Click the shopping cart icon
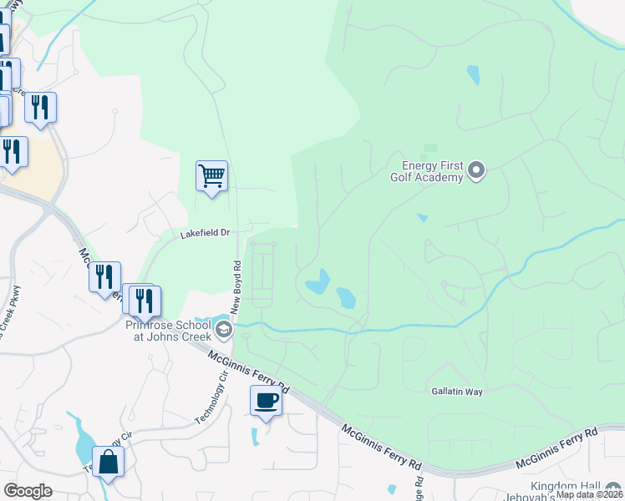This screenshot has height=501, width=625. click(211, 176)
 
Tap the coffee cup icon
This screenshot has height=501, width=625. click(266, 401)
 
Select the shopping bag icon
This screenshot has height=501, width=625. click(109, 461)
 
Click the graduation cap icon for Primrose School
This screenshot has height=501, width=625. click(223, 331)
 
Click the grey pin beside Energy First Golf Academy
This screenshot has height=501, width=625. click(476, 171)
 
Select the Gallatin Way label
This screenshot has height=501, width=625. click(458, 390)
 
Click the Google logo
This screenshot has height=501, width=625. click(28, 491)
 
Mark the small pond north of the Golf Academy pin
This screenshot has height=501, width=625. click(474, 75)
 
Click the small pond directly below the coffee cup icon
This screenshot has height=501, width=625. click(255, 436)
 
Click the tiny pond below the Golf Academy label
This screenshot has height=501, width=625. click(423, 218)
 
